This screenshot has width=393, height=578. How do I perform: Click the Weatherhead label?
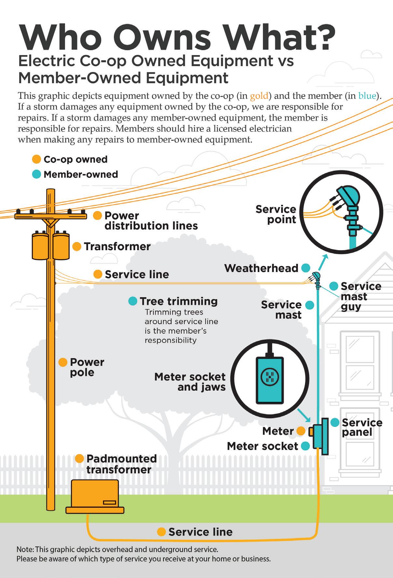[261, 268]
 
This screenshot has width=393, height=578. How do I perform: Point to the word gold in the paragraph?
[259, 96]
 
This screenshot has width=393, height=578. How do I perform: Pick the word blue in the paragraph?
[367, 96]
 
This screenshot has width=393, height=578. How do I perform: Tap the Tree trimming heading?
[179, 301]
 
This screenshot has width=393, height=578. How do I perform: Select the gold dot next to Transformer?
[77, 247]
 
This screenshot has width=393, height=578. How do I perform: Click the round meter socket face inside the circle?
[270, 376]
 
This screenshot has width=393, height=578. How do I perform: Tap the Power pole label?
[87, 367]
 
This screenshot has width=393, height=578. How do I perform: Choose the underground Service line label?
[200, 532]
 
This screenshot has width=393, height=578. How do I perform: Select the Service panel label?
[362, 427]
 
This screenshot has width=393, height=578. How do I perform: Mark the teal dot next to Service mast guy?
[333, 286]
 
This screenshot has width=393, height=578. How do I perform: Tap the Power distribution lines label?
[151, 221]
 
